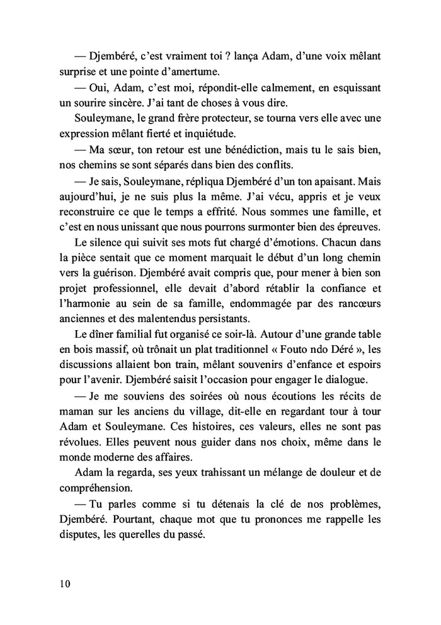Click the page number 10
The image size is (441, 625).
(x=61, y=583)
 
